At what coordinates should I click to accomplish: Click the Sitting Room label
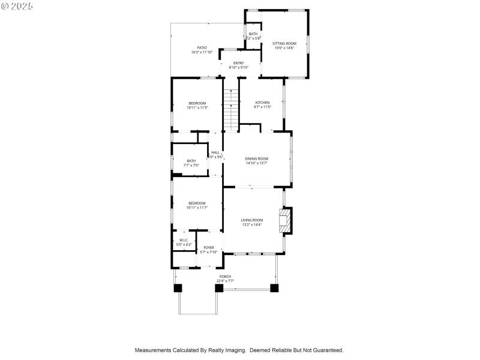point(284,44)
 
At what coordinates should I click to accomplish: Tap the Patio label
point(202,47)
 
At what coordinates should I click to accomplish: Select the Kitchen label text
point(262,103)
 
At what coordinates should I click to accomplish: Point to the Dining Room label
point(256,158)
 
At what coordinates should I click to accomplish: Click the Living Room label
point(252,220)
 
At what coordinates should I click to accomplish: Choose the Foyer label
point(208,247)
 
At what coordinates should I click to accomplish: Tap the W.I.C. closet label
point(184,240)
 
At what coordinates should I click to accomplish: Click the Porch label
point(224,277)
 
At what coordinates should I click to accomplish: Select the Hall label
point(215,152)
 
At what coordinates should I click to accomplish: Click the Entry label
point(238,63)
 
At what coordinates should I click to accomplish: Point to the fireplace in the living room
point(286,220)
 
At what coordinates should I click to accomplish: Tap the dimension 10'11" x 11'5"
point(197,108)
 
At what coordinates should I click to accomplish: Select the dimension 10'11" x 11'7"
point(197,208)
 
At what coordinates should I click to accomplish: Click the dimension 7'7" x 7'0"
point(191,165)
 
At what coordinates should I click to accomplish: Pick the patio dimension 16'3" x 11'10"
point(202,52)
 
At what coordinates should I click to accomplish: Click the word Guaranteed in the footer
point(325,350)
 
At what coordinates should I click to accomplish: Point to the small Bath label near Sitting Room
point(253,34)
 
